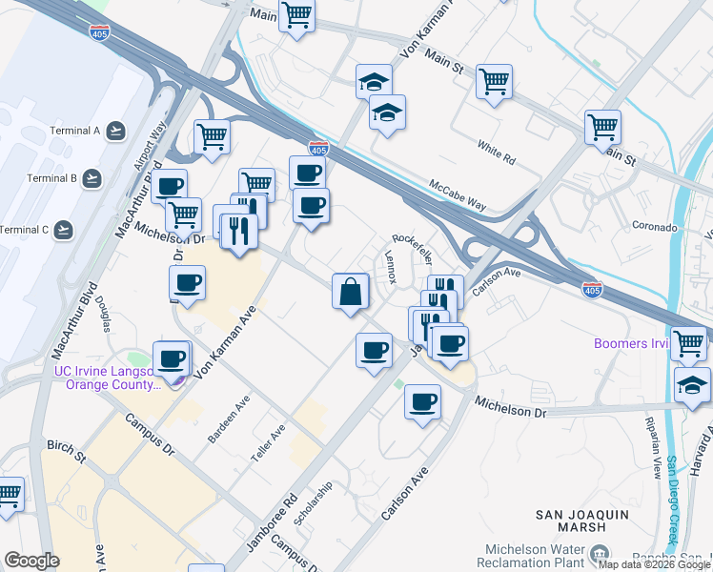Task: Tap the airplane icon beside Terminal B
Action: [92, 177]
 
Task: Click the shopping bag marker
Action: [351, 291]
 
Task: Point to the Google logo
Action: [31, 561]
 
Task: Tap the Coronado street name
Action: [655, 228]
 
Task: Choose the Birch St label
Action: [65, 445]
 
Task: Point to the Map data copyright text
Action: [655, 564]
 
